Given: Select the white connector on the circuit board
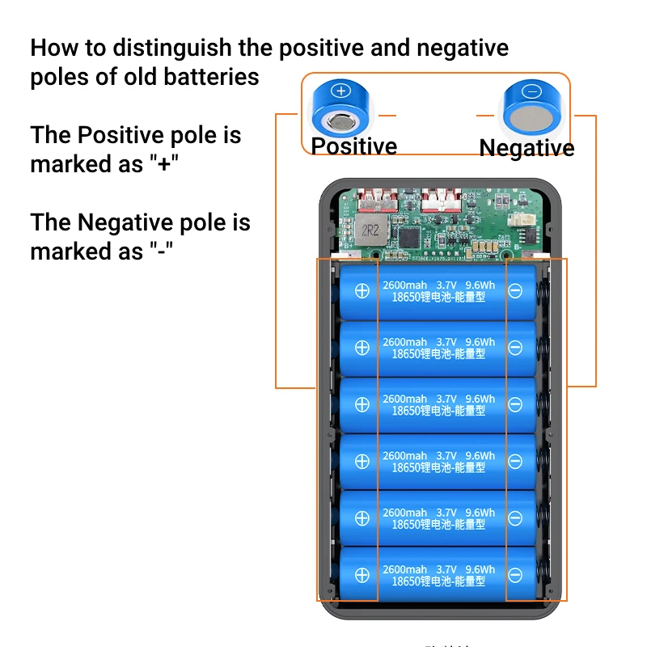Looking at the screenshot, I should point(517,212).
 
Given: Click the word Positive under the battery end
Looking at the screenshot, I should point(354,146).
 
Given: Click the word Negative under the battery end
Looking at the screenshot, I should point(526,148).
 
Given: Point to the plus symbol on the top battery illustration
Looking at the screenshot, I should point(340,91).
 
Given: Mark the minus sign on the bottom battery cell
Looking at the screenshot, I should point(515,575).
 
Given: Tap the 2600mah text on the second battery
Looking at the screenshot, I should point(404,343).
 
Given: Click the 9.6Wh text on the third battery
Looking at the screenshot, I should point(480,400).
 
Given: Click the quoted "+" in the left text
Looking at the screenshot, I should point(164,163).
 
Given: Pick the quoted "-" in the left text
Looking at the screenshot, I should point(164,252).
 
